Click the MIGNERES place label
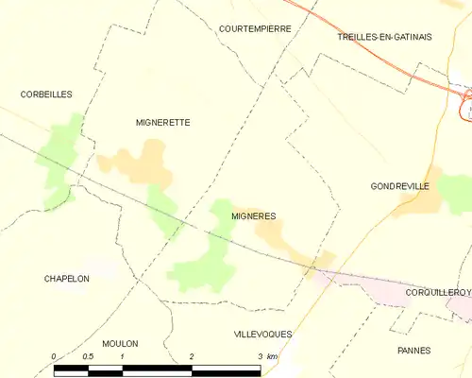pos(253,216)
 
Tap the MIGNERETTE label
pos(162,122)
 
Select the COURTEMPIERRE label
pos(253,29)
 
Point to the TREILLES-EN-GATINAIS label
pos(384,37)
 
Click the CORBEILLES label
pos(46,94)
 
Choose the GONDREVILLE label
pos(400,187)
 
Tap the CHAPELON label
pos(66,279)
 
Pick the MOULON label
pos(121,343)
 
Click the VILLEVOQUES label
pos(261,335)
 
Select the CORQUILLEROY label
pos(438,293)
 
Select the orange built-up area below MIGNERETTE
pos(142,163)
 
